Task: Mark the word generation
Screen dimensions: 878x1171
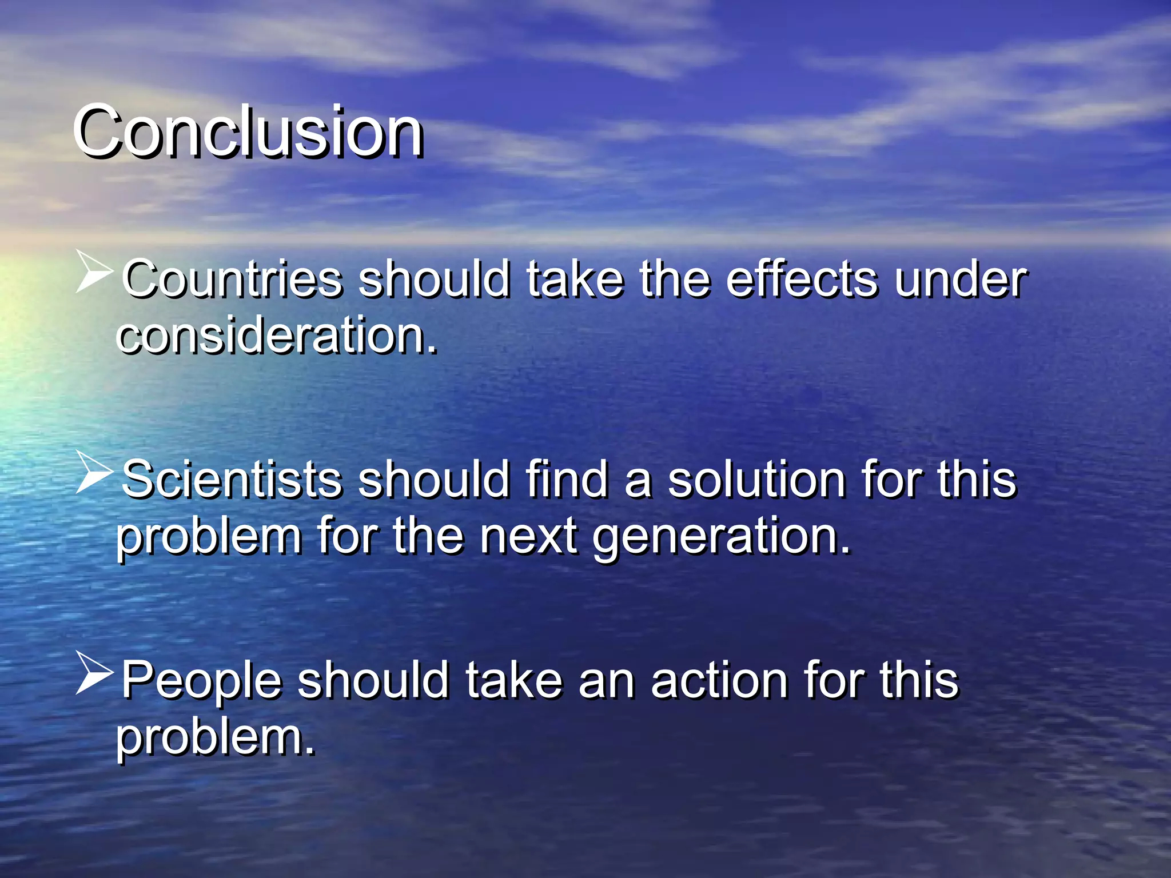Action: [722, 537]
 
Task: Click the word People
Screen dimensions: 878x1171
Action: [201, 680]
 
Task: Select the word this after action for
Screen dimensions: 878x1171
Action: [919, 680]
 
